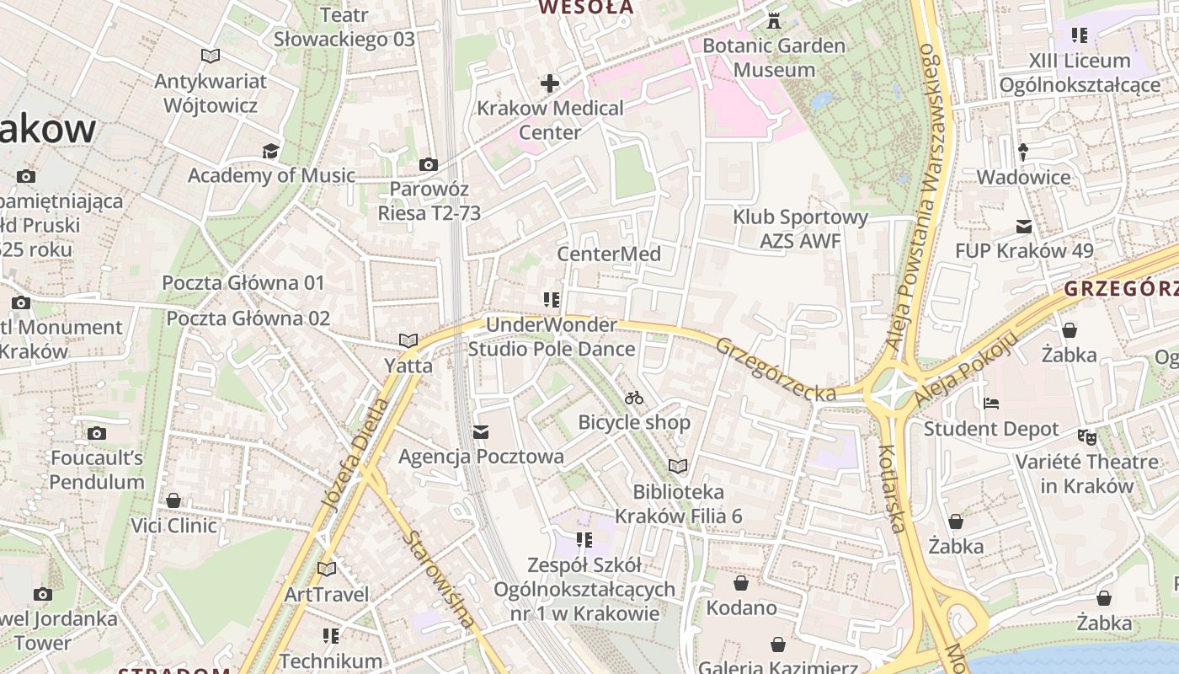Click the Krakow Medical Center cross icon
[550, 83]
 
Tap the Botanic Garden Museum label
[774, 57]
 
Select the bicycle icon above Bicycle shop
[634, 398]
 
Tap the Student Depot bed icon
[991, 404]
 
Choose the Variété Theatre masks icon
[1087, 436]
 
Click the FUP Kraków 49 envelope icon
[1024, 226]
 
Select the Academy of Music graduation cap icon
[270, 151]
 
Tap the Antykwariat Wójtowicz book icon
[211, 56]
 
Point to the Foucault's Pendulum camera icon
[97, 433]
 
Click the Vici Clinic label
[173, 526]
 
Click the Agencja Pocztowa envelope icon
[481, 432]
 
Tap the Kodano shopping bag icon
[741, 583]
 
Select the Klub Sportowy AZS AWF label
[800, 229]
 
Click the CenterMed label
[609, 254]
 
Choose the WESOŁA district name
[585, 8]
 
